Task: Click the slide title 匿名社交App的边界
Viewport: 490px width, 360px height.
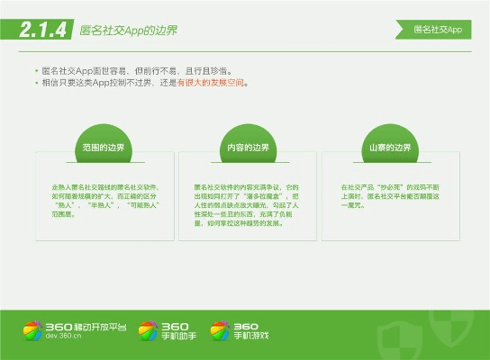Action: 128,31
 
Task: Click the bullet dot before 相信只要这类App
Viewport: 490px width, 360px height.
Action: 36,82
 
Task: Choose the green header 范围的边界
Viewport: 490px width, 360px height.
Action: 102,147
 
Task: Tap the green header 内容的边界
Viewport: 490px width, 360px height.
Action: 245,147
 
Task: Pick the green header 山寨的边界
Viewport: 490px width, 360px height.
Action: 389,147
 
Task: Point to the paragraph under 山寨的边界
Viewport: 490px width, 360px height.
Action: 389,191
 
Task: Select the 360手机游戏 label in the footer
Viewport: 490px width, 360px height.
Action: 251,330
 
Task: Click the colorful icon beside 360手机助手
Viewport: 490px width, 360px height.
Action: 148,330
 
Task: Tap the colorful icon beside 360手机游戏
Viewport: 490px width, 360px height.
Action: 220,330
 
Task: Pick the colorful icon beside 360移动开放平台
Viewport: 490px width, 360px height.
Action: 32,330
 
